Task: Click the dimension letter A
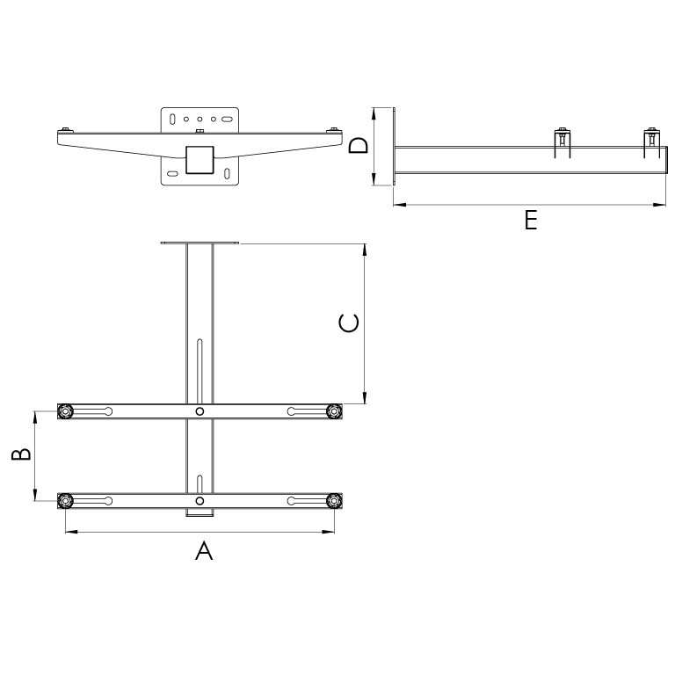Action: click(203, 551)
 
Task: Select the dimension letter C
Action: click(348, 323)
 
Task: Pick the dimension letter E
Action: click(530, 220)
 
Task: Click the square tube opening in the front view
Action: click(200, 159)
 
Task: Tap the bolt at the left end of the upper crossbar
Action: click(65, 411)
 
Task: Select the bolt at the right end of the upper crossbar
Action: click(333, 411)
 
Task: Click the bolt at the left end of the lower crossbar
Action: click(65, 501)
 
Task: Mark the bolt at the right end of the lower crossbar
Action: click(333, 501)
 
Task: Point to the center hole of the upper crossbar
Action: click(200, 411)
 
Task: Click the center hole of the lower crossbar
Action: click(200, 501)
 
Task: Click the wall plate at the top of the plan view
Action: click(200, 243)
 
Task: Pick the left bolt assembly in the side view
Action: click(562, 141)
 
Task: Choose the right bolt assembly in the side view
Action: click(651, 141)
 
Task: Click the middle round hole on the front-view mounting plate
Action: click(200, 118)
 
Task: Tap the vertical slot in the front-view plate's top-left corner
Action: click(173, 118)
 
